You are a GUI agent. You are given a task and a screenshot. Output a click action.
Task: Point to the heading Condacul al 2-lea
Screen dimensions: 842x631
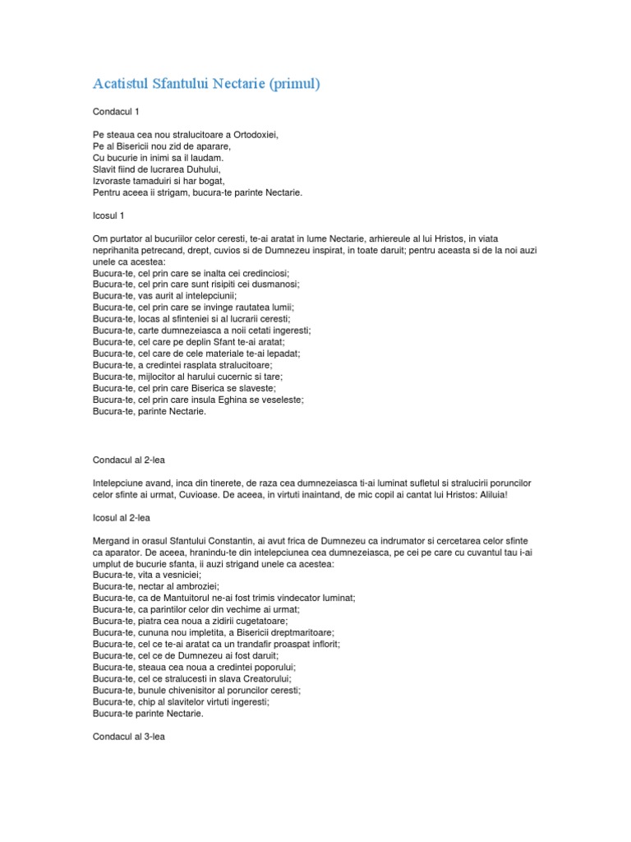coord(129,460)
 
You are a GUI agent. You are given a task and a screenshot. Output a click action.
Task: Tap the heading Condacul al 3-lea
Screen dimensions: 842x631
coord(129,738)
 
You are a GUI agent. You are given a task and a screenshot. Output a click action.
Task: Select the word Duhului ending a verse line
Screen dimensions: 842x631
coord(204,169)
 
